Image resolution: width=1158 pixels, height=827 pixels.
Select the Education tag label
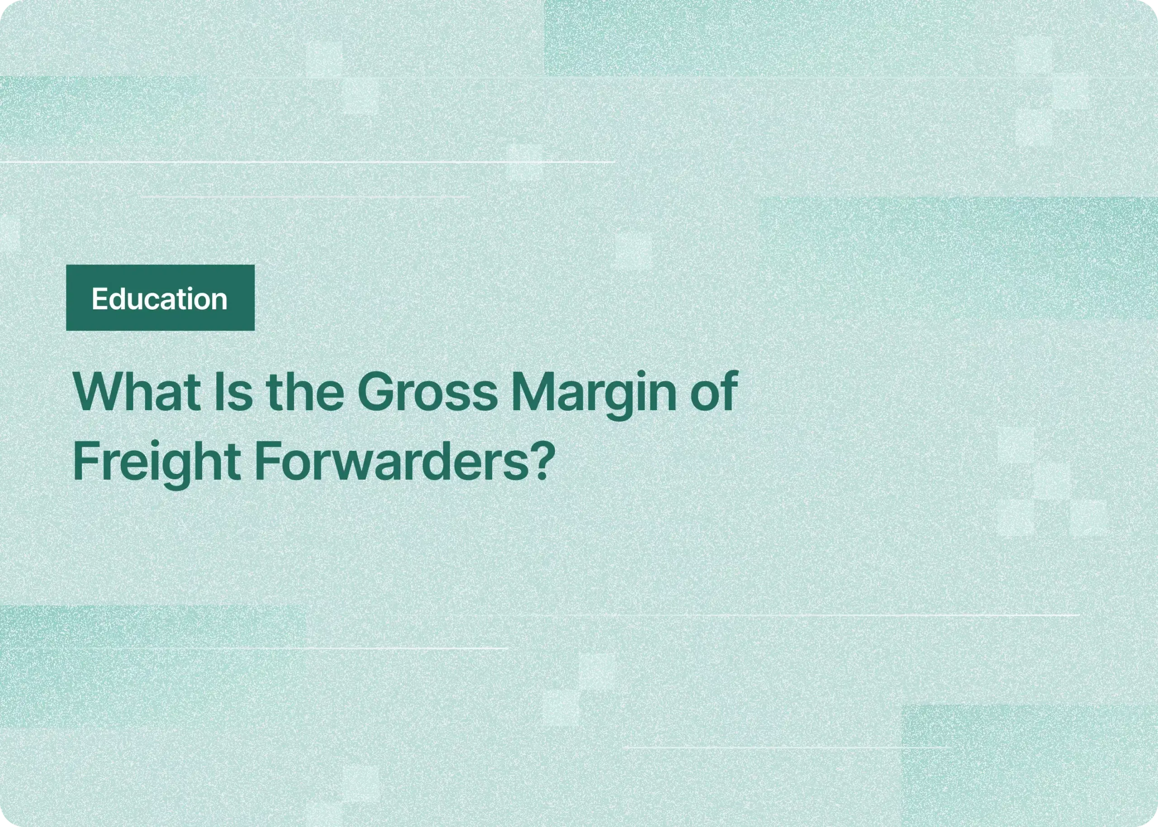160,298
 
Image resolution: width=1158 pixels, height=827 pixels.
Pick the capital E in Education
98,298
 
